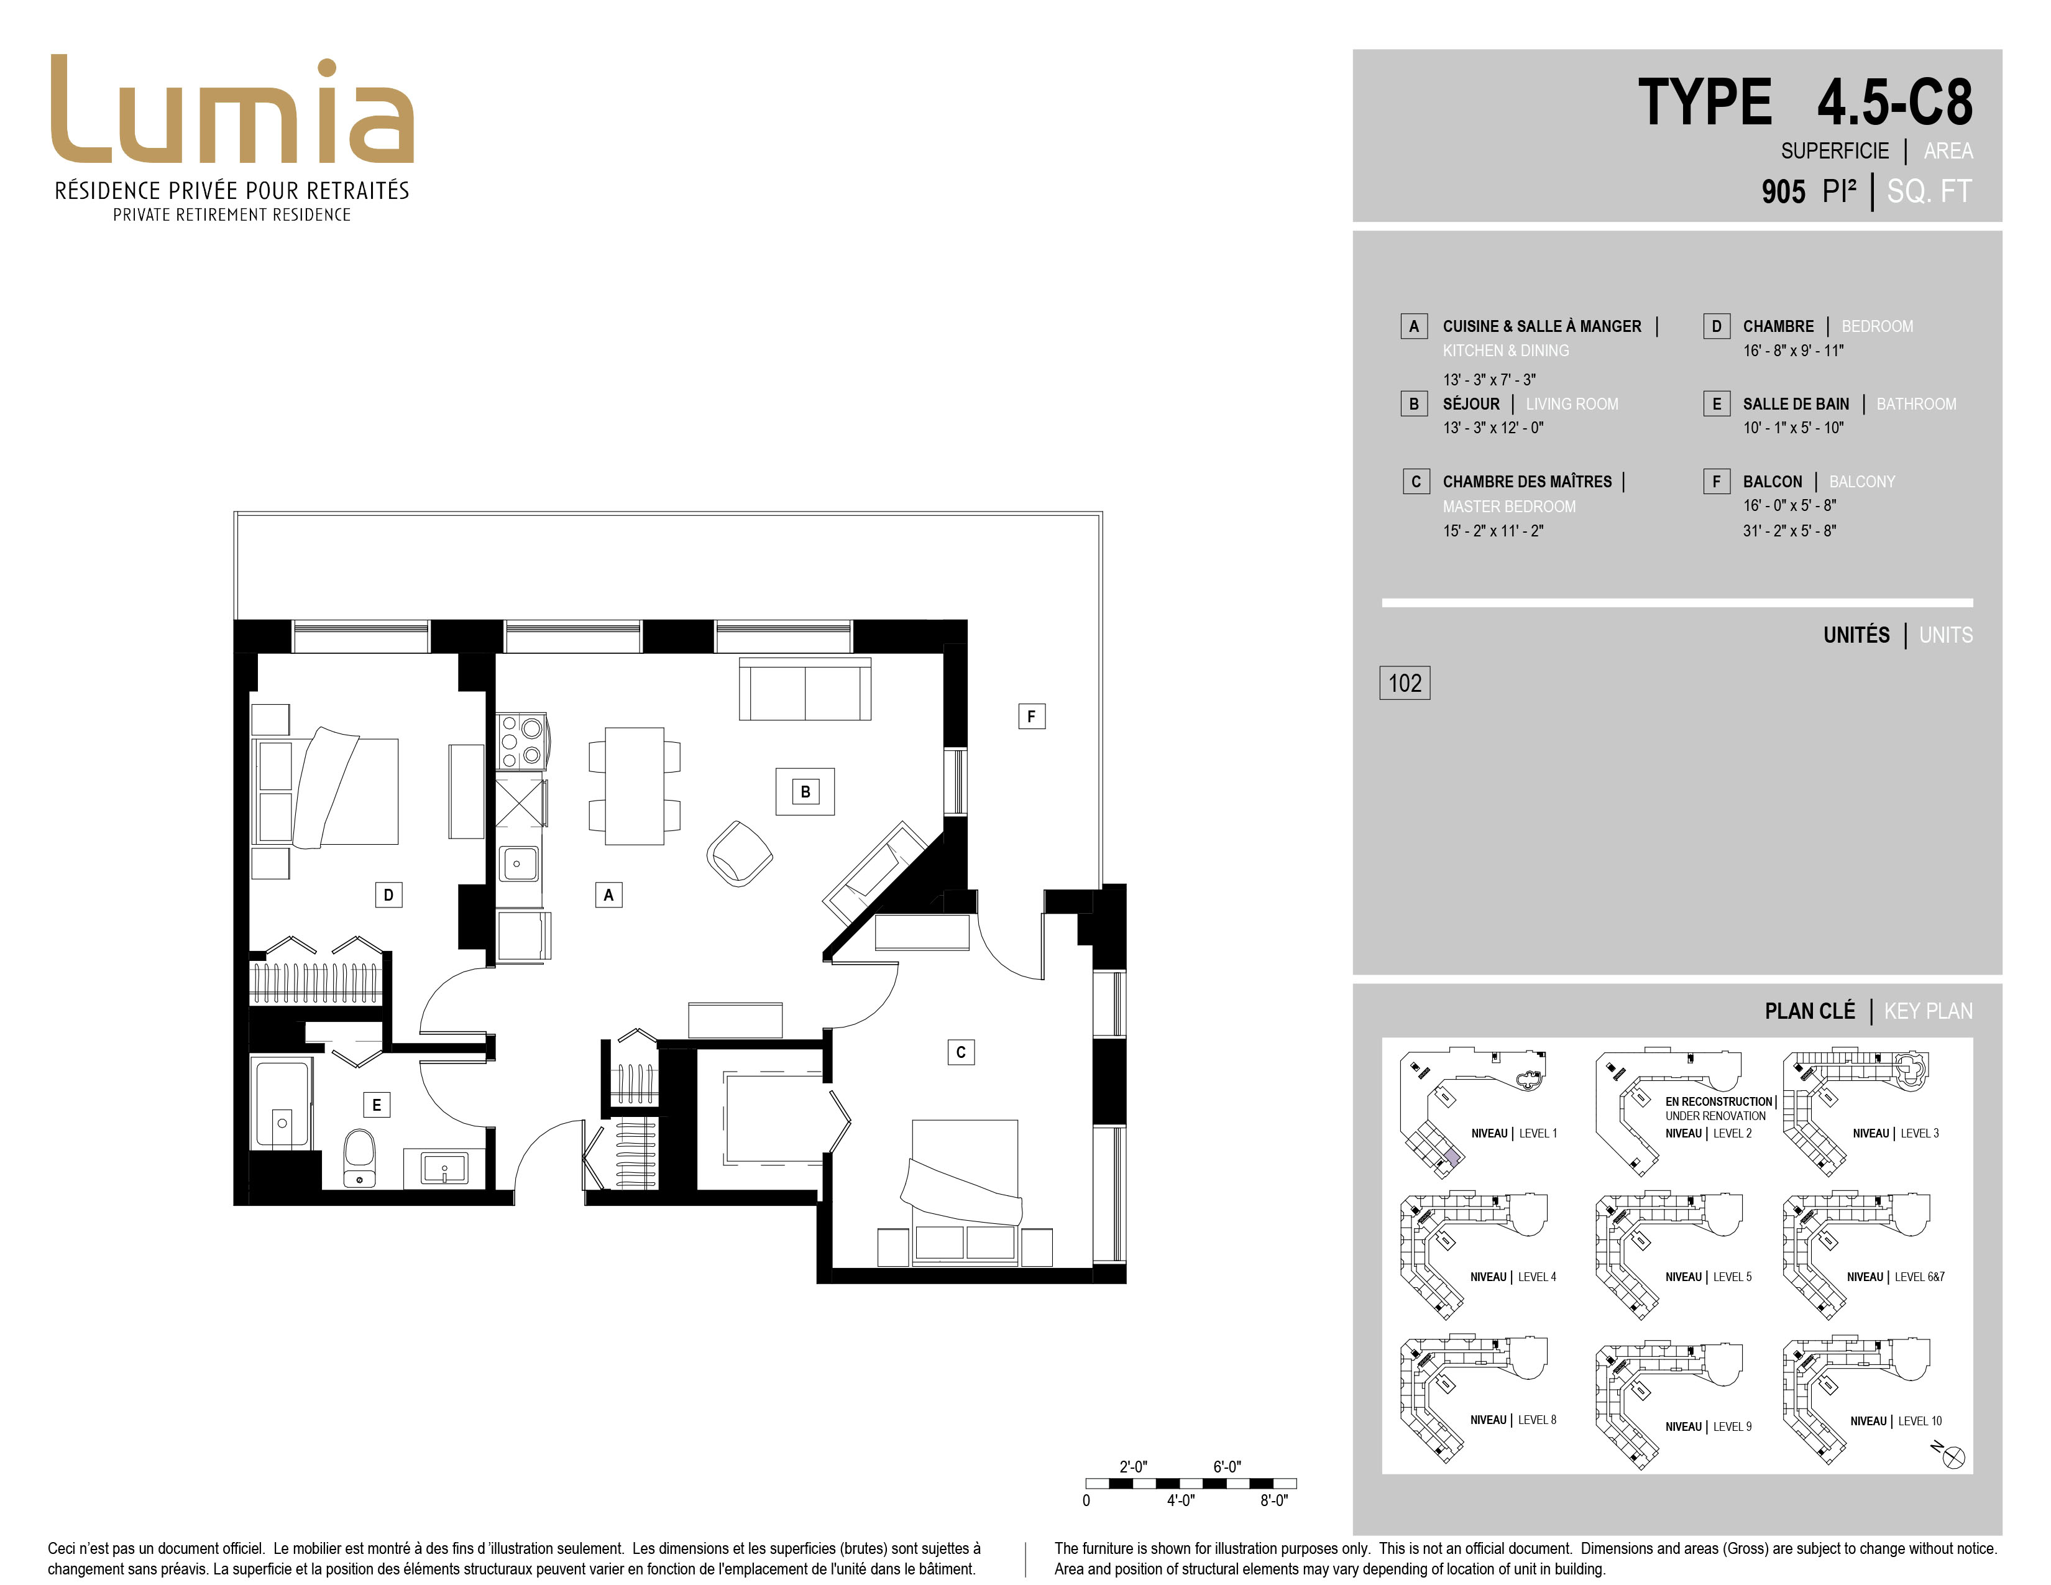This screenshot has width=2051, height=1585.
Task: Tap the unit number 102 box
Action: (1404, 682)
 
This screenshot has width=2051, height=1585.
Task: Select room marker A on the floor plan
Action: (608, 895)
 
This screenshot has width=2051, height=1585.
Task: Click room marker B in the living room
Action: (805, 791)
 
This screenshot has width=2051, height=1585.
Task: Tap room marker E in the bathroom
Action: (377, 1105)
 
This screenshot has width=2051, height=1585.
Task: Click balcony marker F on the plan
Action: (1031, 717)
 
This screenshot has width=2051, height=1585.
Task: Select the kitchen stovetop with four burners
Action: (521, 741)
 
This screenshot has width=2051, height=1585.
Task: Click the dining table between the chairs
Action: (635, 786)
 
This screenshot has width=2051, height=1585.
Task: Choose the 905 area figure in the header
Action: (1783, 191)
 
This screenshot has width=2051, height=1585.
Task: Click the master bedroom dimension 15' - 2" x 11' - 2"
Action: (1493, 531)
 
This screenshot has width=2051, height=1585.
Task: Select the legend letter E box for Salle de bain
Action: (1717, 404)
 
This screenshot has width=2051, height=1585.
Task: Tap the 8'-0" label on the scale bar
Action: (1273, 1500)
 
